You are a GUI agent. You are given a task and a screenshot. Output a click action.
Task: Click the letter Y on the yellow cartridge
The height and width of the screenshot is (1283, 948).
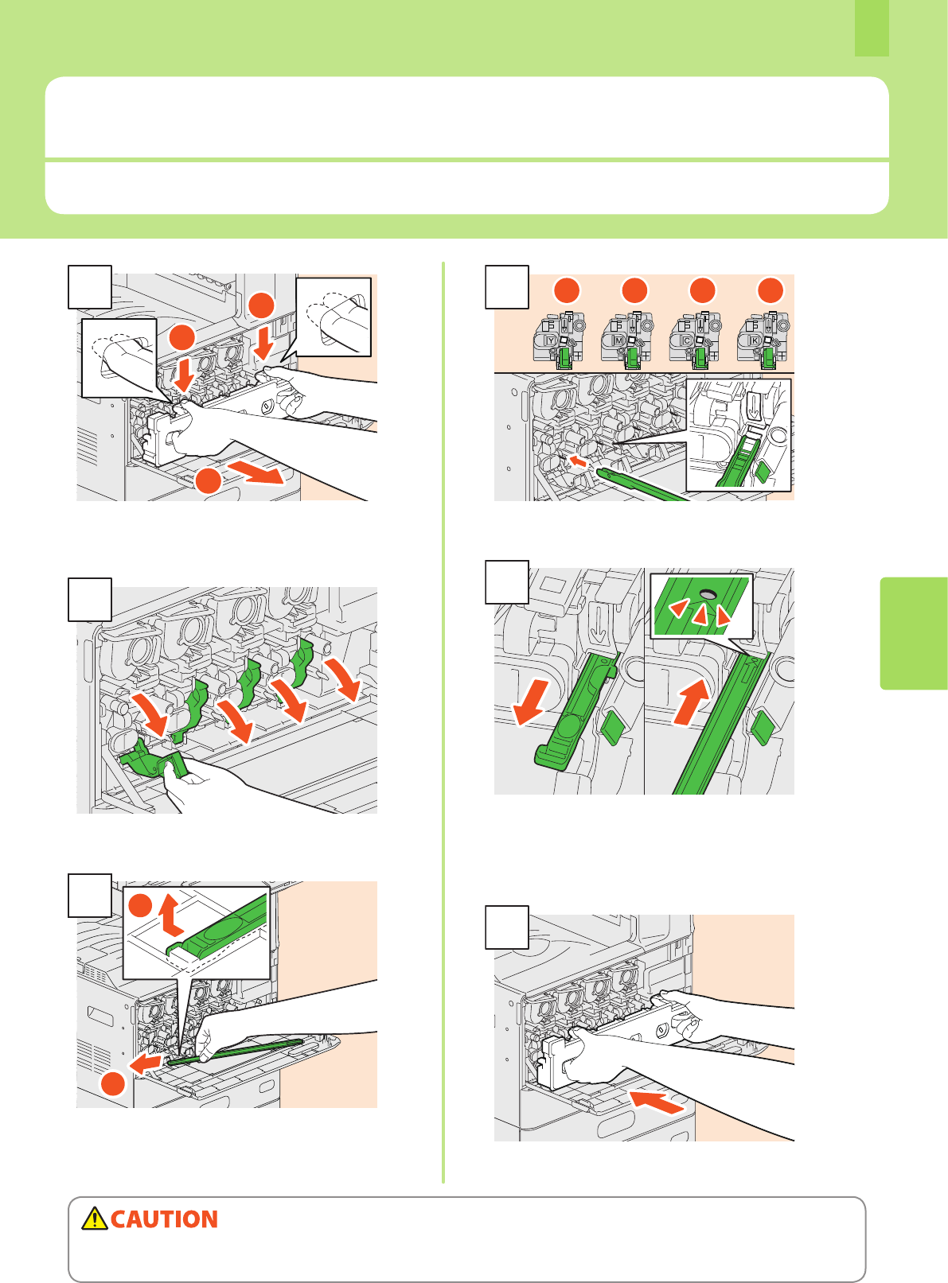point(550,341)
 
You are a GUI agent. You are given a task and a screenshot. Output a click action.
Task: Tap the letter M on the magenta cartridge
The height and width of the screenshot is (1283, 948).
point(618,341)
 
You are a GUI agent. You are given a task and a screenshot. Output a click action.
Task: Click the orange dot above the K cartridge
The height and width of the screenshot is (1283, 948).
point(770,290)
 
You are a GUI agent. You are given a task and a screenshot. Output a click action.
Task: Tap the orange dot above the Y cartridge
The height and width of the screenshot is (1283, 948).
point(567,290)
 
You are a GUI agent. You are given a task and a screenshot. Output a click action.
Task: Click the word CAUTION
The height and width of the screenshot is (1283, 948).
point(164,1219)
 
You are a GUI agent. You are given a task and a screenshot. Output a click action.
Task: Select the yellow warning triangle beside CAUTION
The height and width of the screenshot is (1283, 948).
point(95,1219)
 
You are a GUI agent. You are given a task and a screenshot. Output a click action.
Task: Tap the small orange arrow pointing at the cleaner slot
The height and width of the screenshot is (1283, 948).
point(580,461)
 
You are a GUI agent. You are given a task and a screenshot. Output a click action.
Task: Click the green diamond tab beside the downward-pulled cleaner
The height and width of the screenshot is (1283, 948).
point(611,727)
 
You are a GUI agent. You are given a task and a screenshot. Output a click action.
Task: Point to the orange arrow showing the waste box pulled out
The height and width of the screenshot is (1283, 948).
point(255,473)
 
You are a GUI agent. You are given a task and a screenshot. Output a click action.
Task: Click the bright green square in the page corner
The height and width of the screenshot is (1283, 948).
point(872,28)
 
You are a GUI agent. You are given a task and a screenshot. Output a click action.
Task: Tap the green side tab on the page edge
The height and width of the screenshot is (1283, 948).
point(914,632)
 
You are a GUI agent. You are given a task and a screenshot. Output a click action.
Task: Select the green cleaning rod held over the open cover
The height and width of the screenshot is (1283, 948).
point(239,1051)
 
